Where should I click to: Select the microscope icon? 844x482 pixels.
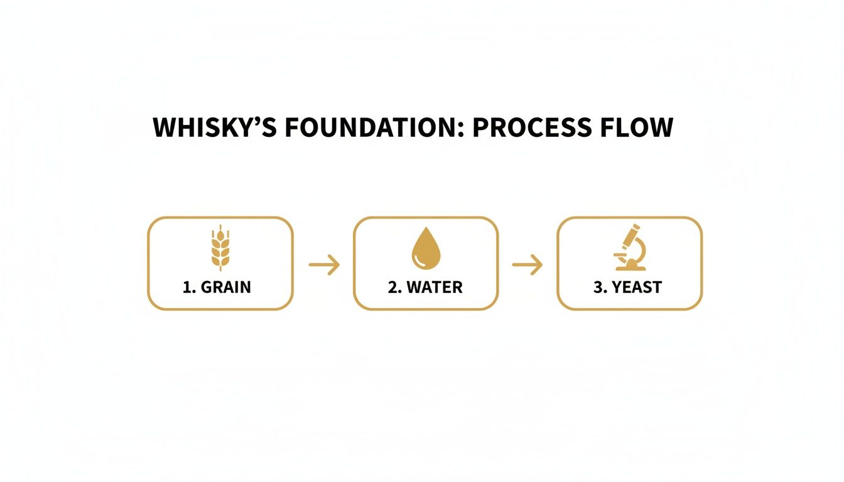click(x=630, y=247)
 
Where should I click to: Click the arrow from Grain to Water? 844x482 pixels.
click(x=324, y=265)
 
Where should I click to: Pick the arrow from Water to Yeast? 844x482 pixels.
click(x=527, y=265)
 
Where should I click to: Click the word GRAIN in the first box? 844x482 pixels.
click(x=227, y=287)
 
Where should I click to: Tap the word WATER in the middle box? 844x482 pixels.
click(x=435, y=287)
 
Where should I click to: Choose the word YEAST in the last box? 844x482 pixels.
click(x=637, y=287)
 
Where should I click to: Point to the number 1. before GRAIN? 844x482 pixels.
click(x=190, y=287)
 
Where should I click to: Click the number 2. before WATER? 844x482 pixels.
click(x=395, y=287)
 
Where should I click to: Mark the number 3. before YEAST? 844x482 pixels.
click(x=599, y=287)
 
